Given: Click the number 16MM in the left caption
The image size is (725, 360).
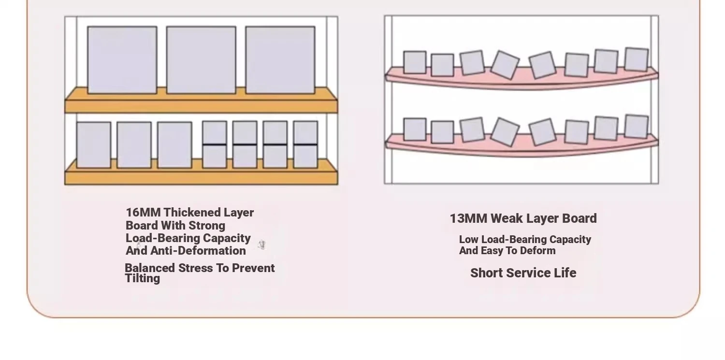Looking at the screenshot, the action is click(143, 213).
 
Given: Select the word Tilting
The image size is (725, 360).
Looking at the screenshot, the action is click(143, 278).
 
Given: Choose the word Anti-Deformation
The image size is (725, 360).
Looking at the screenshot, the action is click(198, 251).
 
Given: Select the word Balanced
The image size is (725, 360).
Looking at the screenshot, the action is click(150, 268).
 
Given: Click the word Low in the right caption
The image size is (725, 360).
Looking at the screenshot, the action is click(469, 239).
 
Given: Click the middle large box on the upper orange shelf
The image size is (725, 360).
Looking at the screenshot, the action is click(201, 60).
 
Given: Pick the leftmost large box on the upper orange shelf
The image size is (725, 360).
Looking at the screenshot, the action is click(122, 60).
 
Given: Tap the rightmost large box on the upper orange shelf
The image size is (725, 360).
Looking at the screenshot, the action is click(280, 60).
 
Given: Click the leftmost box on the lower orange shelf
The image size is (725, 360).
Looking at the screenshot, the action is click(94, 145).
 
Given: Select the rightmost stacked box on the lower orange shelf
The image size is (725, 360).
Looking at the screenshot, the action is click(305, 144).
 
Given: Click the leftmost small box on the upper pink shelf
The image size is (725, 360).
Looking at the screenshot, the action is click(415, 62).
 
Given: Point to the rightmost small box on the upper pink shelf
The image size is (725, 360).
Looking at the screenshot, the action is click(637, 59).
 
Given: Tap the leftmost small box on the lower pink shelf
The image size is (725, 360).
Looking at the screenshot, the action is click(415, 130).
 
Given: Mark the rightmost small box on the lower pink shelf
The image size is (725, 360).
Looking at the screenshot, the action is click(637, 127).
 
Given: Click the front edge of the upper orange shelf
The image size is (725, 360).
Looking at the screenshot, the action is click(201, 106).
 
